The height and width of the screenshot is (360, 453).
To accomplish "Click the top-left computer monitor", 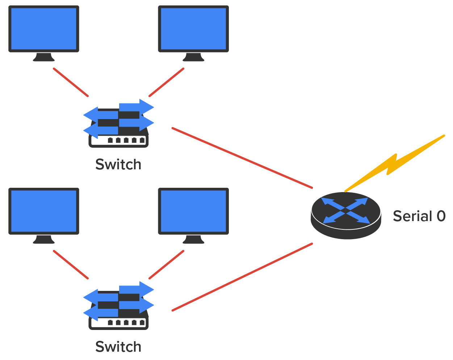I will pyautogui.click(x=44, y=29).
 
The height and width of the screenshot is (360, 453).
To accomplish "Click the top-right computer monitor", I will pyautogui.click(x=193, y=29).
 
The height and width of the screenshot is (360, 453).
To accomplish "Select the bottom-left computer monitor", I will pyautogui.click(x=44, y=211).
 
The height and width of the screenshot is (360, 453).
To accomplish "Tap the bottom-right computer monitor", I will pyautogui.click(x=193, y=211).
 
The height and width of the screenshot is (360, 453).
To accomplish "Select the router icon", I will pyautogui.click(x=346, y=215).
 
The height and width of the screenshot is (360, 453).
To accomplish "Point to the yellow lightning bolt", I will pyautogui.click(x=395, y=163).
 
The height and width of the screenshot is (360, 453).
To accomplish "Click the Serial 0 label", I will pyautogui.click(x=419, y=216).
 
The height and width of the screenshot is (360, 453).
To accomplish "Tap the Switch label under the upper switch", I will pyautogui.click(x=118, y=164).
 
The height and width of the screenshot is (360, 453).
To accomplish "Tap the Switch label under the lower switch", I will pyautogui.click(x=118, y=347).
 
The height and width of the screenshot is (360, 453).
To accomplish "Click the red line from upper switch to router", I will pyautogui.click(x=242, y=158).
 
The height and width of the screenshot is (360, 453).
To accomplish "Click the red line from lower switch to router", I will pyautogui.click(x=242, y=277).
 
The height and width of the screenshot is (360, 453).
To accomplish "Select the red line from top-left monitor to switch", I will pyautogui.click(x=71, y=82).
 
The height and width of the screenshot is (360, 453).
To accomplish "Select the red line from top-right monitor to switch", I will pyautogui.click(x=167, y=82).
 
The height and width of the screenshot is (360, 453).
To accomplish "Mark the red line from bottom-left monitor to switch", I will pyautogui.click(x=71, y=264).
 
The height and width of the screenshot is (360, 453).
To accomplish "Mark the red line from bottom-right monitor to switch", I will pyautogui.click(x=167, y=264).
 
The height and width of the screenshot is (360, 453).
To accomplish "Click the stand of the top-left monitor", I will pyautogui.click(x=44, y=57).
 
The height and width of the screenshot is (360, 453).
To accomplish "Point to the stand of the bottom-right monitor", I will pyautogui.click(x=193, y=240).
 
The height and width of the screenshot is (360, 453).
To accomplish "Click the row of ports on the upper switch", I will pyautogui.click(x=126, y=140).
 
